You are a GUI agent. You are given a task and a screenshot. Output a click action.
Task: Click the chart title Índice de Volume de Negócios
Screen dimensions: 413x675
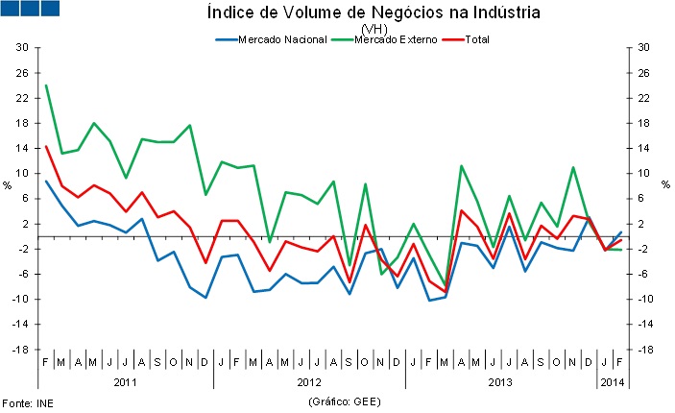pos(374,12)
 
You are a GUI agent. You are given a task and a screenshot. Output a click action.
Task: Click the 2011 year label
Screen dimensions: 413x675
pos(125,382)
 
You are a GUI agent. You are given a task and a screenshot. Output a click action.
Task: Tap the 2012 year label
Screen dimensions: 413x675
pos(309,382)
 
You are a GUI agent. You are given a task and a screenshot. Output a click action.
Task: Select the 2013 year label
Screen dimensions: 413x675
pos(499,382)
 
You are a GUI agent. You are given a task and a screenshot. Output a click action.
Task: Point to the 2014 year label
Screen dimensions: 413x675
pos(612,382)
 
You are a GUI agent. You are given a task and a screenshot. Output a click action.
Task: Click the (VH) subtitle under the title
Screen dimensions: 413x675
pos(374,29)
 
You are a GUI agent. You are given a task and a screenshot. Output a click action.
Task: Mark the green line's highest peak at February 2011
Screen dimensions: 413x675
pos(46,85)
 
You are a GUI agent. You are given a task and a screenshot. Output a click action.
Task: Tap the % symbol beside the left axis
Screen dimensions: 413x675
pos(7,185)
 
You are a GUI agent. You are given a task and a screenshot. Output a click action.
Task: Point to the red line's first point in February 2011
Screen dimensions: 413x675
pos(46,147)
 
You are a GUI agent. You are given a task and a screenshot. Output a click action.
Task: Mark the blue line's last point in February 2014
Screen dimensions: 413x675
pos(620,232)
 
